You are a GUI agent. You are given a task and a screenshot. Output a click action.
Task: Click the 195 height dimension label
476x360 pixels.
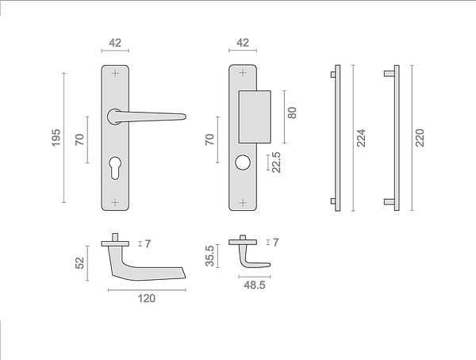tap(56, 138)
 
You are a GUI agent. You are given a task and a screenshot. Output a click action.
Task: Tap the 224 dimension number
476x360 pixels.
tap(361, 138)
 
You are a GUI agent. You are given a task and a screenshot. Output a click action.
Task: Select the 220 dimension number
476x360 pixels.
tap(420, 138)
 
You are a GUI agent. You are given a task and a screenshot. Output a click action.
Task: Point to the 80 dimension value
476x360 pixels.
tap(292, 113)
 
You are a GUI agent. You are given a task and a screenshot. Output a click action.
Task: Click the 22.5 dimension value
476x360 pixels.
tap(276, 163)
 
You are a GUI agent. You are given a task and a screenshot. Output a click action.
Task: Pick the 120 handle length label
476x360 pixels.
tap(147, 298)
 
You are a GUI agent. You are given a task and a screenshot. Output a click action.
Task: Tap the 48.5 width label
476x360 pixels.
tap(255, 285)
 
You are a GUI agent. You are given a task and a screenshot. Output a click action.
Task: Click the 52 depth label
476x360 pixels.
tap(79, 263)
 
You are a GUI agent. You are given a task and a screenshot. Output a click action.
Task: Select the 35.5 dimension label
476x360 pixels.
tap(209, 256)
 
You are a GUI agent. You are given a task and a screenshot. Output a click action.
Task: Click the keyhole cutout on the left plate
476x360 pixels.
tap(115, 167)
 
